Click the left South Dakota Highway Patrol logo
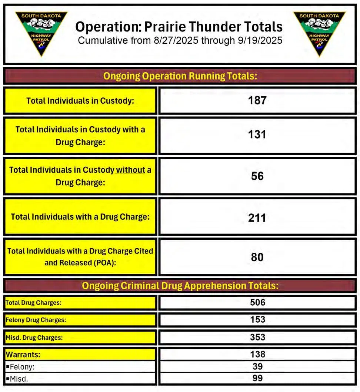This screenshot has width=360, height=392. click(41, 33)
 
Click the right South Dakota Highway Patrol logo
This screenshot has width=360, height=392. click(319, 33)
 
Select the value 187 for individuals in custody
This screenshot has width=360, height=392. click(257, 100)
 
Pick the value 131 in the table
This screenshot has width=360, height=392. click(257, 134)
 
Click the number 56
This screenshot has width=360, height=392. click(257, 176)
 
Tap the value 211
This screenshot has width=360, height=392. click(257, 217)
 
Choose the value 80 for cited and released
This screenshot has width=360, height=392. click(257, 257)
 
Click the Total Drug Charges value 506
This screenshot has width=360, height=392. click(257, 302)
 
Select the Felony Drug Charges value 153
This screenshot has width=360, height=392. click(257, 319)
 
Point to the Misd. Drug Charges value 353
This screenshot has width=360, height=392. click(257, 337)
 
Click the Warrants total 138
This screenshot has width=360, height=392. click(257, 354)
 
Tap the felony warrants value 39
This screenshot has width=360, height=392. click(257, 366)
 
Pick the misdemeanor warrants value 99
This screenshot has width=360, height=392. click(257, 378)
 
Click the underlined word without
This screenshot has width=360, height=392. click(130, 170)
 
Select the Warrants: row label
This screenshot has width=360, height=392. click(23, 355)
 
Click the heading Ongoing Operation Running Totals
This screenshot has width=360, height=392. click(180, 76)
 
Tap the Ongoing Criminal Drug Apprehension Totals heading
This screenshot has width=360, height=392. click(180, 286)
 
